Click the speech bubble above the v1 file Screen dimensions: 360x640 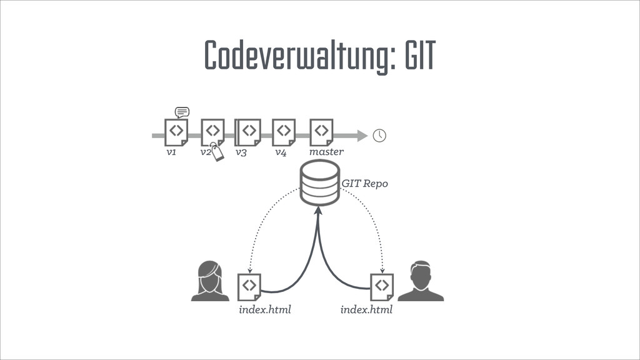click(x=182, y=112)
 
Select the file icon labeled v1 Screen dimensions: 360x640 click(x=176, y=132)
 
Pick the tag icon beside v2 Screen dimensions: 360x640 click(x=216, y=152)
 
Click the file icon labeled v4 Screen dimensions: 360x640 click(x=284, y=132)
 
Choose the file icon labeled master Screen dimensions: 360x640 click(x=321, y=132)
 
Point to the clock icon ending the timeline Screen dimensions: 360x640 click(x=379, y=136)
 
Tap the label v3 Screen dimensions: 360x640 click(x=241, y=152)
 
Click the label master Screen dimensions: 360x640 click(x=326, y=152)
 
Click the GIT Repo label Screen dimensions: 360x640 click(x=364, y=184)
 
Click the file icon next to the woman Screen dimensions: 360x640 click(x=249, y=286)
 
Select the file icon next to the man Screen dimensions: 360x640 click(x=381, y=286)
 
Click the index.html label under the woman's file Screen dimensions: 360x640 click(x=265, y=310)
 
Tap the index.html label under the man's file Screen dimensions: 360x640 click(x=366, y=310)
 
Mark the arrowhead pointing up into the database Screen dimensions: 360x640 click(x=318, y=212)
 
